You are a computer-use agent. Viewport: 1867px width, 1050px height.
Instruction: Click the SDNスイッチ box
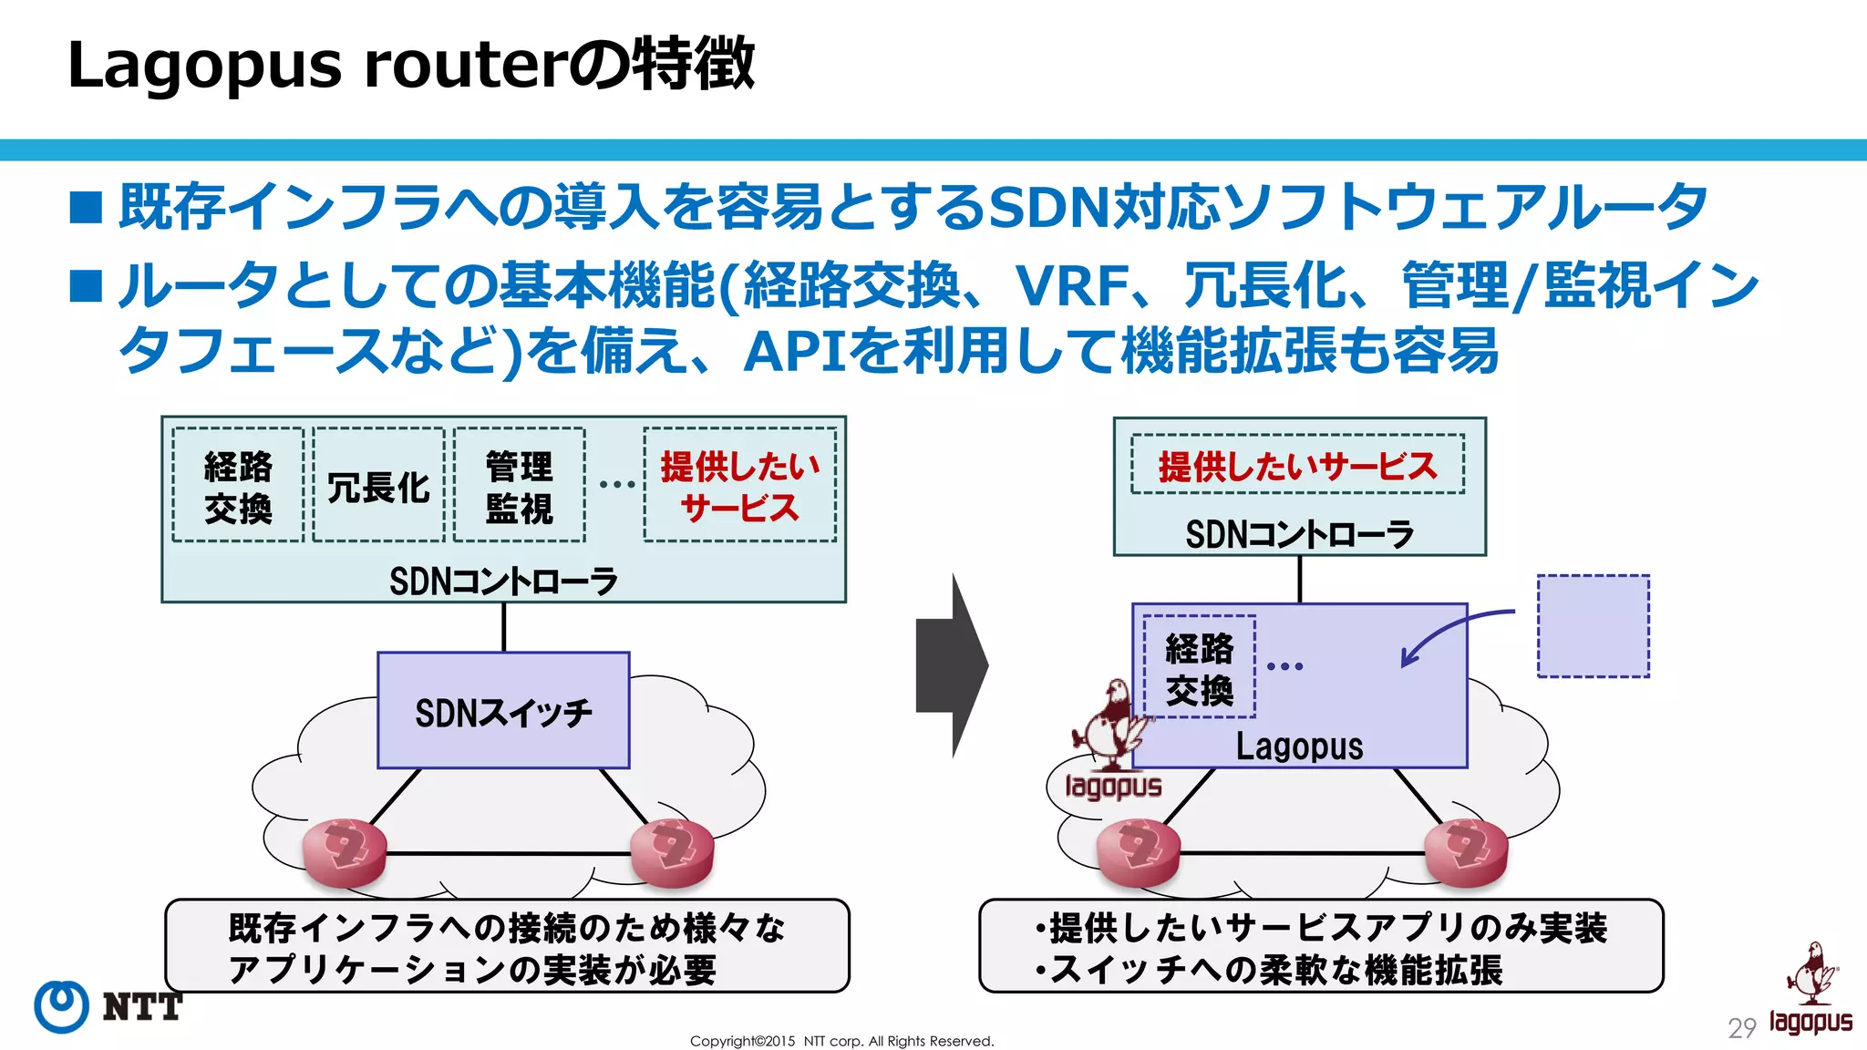(x=503, y=711)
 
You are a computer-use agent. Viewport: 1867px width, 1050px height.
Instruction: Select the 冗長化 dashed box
(x=378, y=486)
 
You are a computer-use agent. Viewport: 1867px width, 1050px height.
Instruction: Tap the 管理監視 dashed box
(x=519, y=486)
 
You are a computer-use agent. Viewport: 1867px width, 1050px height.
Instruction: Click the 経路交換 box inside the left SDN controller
(x=238, y=486)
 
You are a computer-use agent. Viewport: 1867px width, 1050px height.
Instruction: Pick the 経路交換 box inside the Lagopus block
(x=1199, y=668)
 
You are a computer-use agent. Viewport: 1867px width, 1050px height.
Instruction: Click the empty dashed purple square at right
(x=1593, y=626)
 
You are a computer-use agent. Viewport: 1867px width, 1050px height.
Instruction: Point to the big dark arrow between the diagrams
(x=951, y=666)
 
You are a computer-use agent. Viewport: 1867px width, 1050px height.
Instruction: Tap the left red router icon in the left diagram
(x=345, y=852)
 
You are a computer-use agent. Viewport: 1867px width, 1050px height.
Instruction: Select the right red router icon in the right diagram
(x=1466, y=852)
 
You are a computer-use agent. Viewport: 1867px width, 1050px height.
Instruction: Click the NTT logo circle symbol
(x=61, y=1006)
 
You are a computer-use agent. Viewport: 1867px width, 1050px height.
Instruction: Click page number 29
(x=1741, y=1028)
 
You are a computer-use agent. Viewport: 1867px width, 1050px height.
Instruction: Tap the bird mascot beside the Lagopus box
(x=1111, y=725)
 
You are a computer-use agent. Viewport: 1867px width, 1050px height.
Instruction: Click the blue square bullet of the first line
(x=87, y=207)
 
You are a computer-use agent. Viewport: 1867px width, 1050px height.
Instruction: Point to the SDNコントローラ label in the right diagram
(x=1299, y=534)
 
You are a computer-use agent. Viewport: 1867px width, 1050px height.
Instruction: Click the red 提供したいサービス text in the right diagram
(x=1297, y=467)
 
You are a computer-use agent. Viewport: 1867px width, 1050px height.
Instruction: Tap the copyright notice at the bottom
(x=841, y=1041)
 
